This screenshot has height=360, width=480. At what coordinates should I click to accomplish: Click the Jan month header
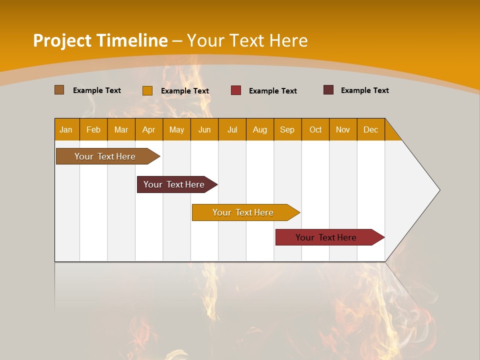66,129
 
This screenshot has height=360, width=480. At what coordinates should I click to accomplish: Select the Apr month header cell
149,129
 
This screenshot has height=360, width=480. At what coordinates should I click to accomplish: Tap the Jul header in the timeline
232,129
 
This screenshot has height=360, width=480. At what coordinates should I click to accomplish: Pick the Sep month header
287,129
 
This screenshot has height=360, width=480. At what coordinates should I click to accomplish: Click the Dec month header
370,129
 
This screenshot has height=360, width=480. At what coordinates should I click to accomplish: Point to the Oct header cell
315,129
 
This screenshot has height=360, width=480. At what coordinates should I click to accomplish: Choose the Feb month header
93,129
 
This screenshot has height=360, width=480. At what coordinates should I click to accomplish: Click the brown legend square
59,90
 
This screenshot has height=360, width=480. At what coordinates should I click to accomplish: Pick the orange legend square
147,90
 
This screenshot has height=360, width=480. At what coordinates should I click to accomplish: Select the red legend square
236,90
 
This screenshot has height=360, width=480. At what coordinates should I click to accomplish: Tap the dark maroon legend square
328,90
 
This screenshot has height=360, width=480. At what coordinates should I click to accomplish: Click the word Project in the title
62,40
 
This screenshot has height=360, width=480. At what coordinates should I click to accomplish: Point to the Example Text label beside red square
272,91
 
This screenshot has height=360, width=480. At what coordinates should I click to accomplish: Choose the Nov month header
343,129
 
